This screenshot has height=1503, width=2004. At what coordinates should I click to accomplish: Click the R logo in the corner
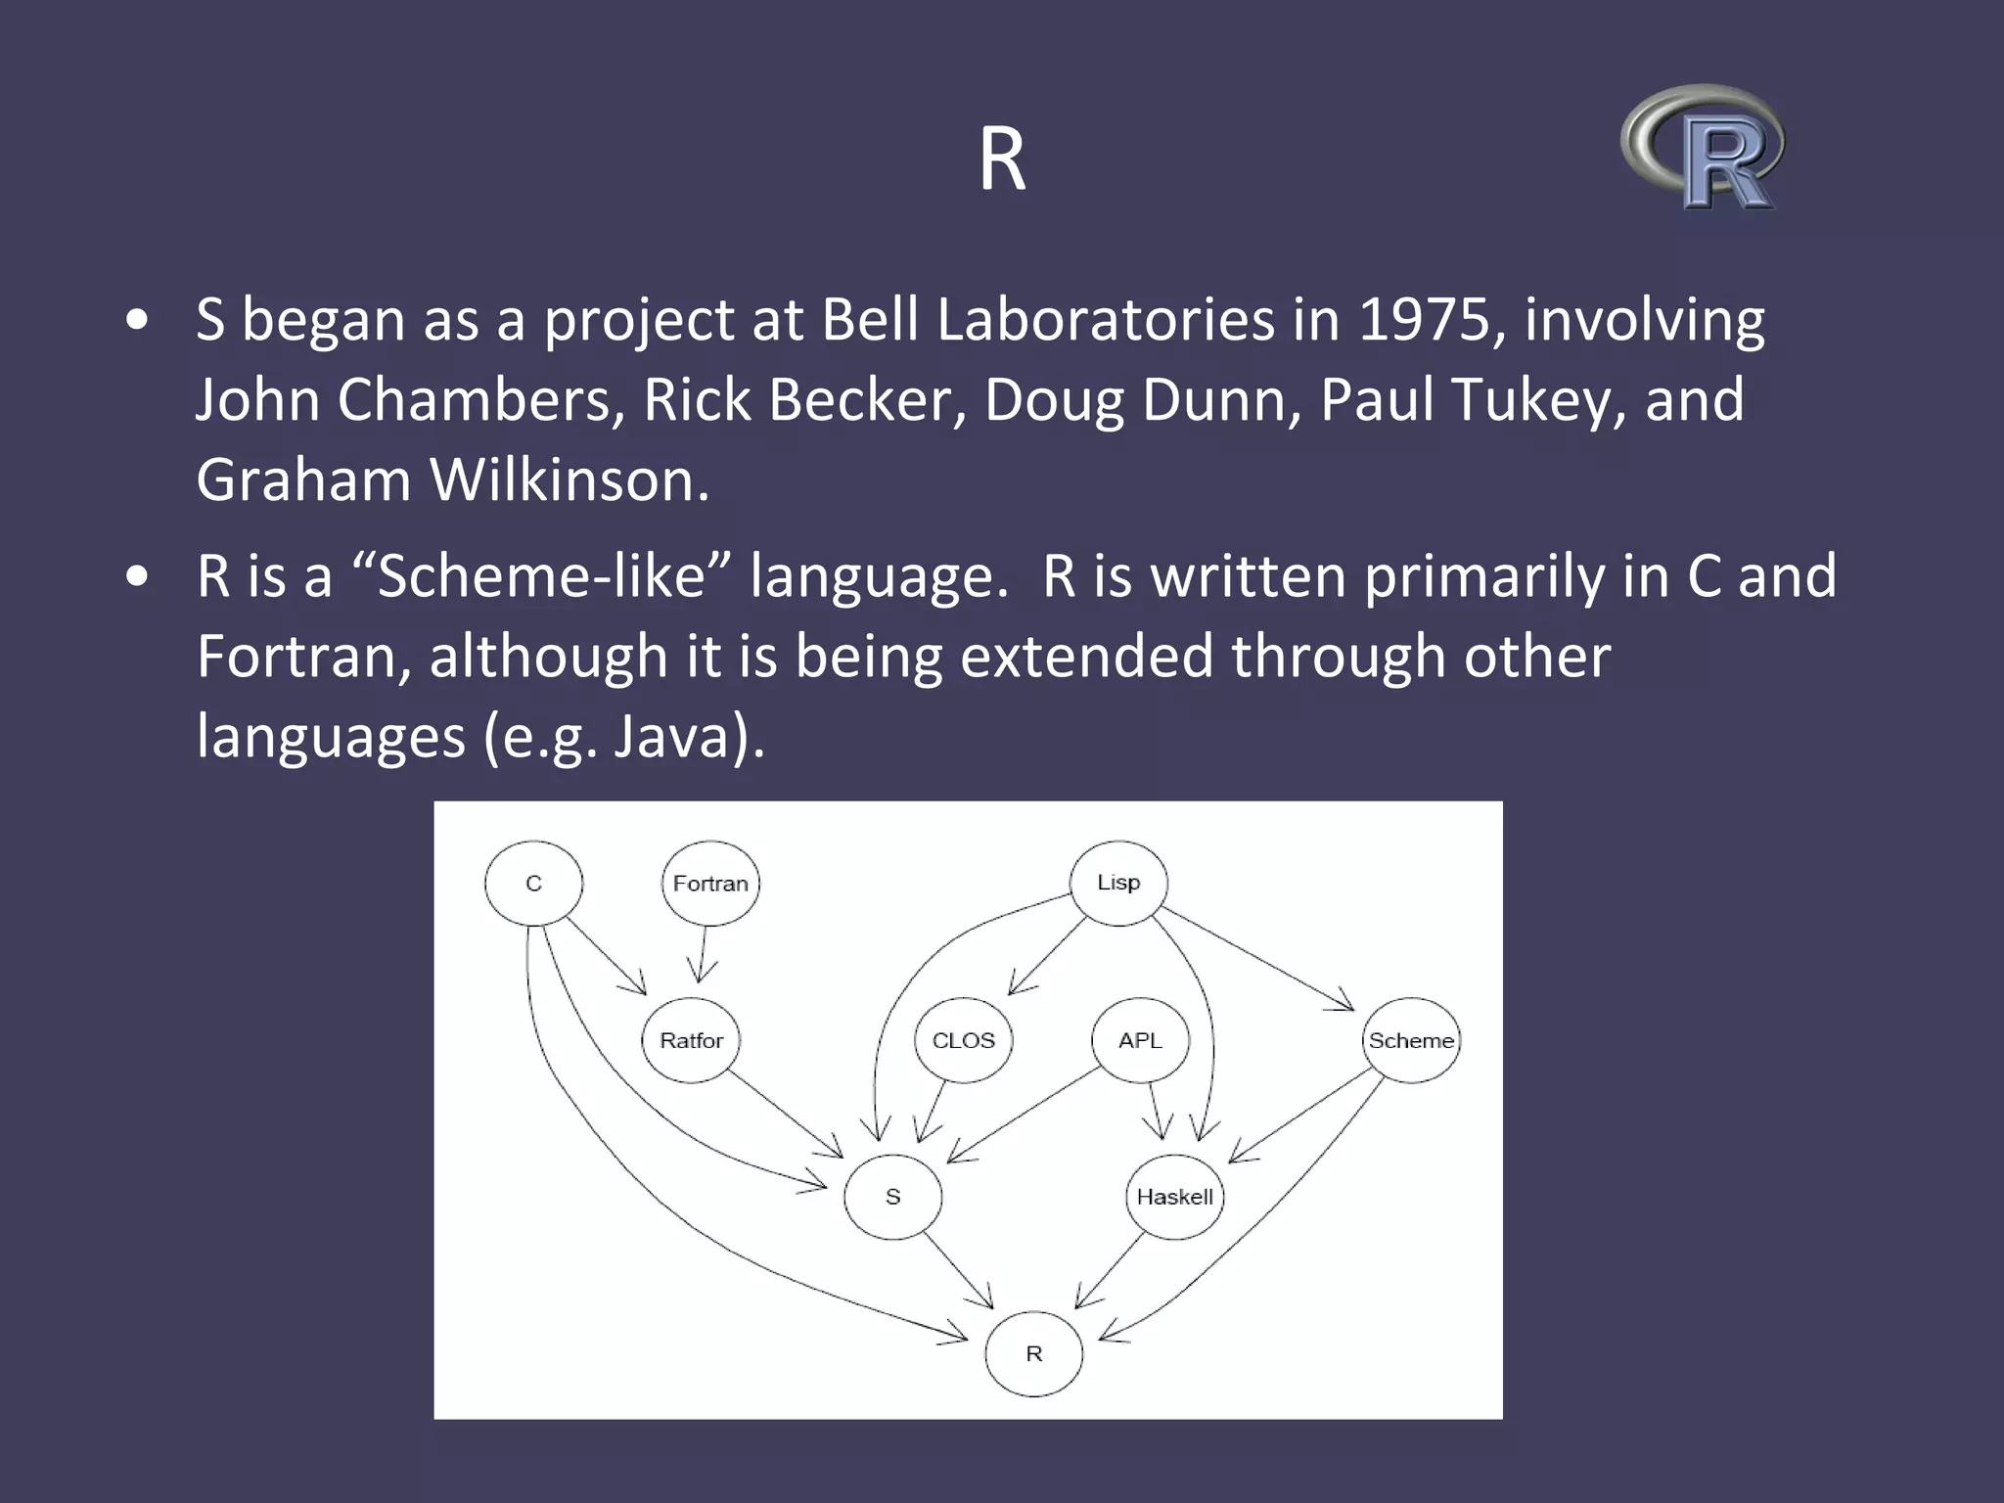point(1704,147)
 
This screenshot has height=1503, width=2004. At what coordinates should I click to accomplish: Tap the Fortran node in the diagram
point(710,884)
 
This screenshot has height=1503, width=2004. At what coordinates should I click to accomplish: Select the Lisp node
point(1118,883)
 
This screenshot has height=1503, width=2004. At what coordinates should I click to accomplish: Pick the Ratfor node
point(691,1040)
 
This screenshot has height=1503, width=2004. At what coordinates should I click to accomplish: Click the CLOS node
point(963,1040)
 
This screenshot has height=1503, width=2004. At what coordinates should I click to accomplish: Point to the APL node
point(1140,1040)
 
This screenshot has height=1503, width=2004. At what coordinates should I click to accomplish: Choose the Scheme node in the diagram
point(1411,1040)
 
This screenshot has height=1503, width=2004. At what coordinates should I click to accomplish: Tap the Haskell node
point(1174,1197)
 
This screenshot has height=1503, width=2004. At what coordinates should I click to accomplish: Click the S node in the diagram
point(892,1197)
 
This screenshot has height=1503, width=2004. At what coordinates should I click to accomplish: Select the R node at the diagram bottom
point(1033,1353)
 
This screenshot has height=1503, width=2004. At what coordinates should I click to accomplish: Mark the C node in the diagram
point(533,884)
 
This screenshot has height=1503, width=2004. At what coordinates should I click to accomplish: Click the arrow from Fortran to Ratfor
point(703,954)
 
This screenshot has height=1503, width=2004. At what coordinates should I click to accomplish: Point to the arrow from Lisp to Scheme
point(1257,959)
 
